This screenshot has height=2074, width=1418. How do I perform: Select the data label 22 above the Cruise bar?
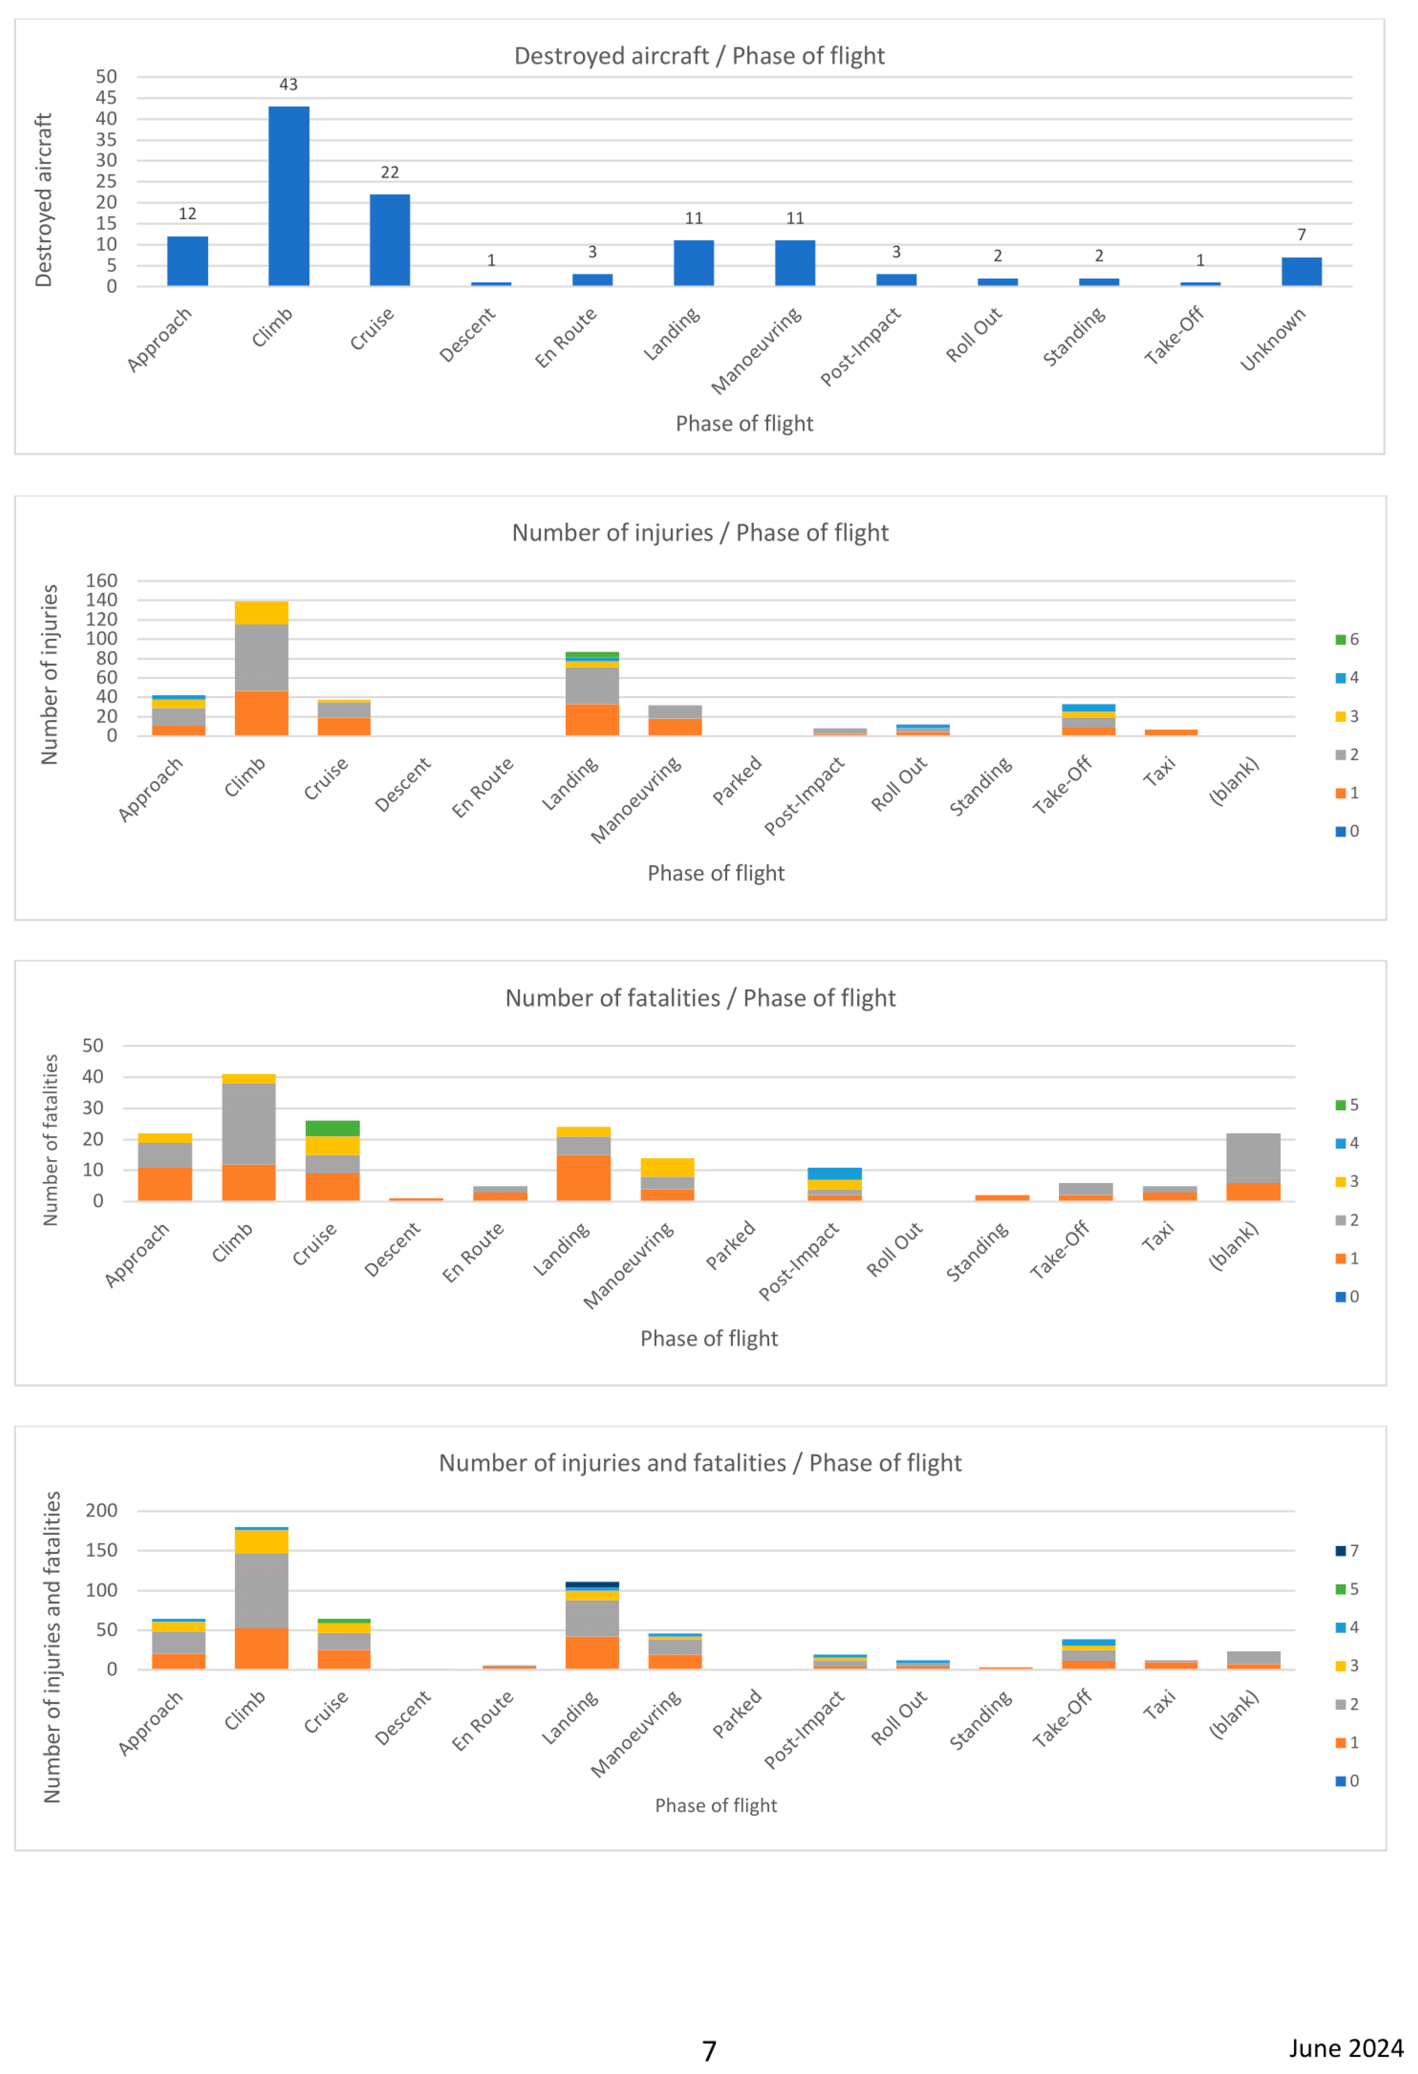390,172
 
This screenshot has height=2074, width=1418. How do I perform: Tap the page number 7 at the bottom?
709,2051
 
